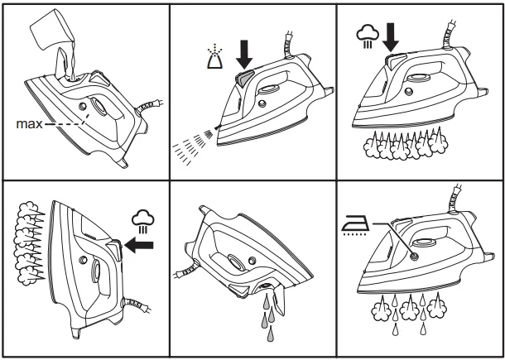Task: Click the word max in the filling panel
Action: click(28, 123)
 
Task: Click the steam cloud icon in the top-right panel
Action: click(366, 35)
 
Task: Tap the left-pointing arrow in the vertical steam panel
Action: click(143, 245)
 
